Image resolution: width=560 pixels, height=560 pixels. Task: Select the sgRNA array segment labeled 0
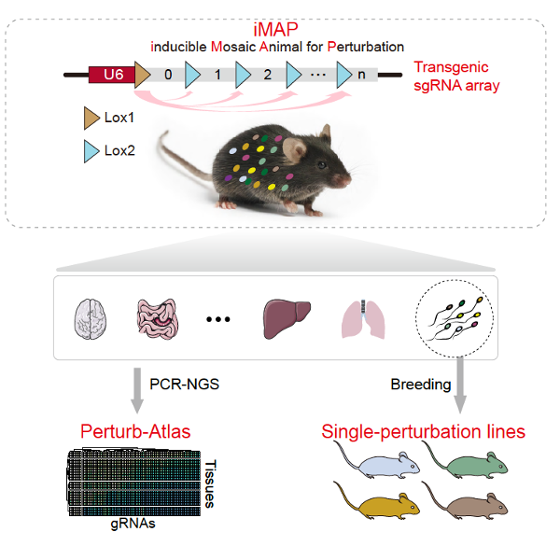pyautogui.click(x=167, y=74)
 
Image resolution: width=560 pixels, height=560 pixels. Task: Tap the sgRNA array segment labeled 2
pyautogui.click(x=268, y=74)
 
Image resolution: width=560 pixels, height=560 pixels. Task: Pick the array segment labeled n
pyautogui.click(x=361, y=74)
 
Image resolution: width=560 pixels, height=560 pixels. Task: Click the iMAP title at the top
pyautogui.click(x=280, y=27)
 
